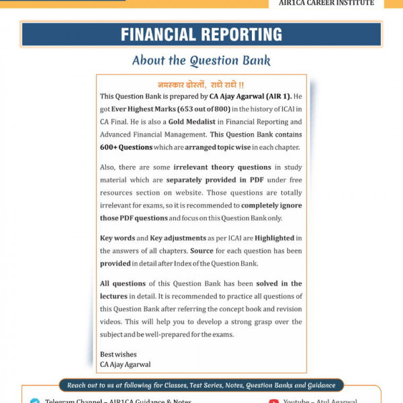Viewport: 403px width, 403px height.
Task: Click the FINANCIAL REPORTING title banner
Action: (201, 34)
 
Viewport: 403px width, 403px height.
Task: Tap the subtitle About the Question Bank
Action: (201, 60)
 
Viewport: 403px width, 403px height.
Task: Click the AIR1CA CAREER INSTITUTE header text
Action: (326, 3)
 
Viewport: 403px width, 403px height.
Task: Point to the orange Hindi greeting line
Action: (201, 85)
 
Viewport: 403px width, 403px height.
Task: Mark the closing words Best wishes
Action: (118, 355)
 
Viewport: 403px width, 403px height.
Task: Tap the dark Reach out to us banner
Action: (201, 386)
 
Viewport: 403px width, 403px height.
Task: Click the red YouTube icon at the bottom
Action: (273, 401)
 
